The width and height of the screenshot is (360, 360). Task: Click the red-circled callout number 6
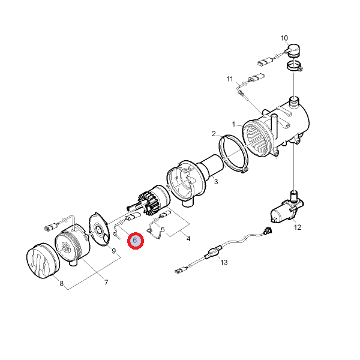point(135,241)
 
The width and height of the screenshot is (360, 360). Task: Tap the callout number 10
point(284,38)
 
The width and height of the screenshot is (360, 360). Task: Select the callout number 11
point(230,79)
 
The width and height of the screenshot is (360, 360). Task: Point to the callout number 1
point(234,124)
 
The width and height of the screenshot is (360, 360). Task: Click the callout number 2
point(214,134)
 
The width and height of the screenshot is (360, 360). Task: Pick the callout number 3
point(216,182)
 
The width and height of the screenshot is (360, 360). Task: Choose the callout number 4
point(188,239)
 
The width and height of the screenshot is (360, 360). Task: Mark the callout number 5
point(163,230)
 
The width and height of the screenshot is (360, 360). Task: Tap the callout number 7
point(106,283)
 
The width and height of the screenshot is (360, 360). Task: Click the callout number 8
point(62,284)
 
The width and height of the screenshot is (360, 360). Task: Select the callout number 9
point(113,251)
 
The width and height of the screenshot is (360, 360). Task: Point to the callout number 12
point(298,227)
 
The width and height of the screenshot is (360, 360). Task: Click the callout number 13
point(224,262)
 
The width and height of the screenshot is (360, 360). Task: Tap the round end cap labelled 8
point(43,261)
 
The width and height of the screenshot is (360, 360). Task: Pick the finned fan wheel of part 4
point(149,204)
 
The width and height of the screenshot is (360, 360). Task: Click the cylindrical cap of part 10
point(293,50)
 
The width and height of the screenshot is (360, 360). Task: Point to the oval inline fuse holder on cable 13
point(214,252)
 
